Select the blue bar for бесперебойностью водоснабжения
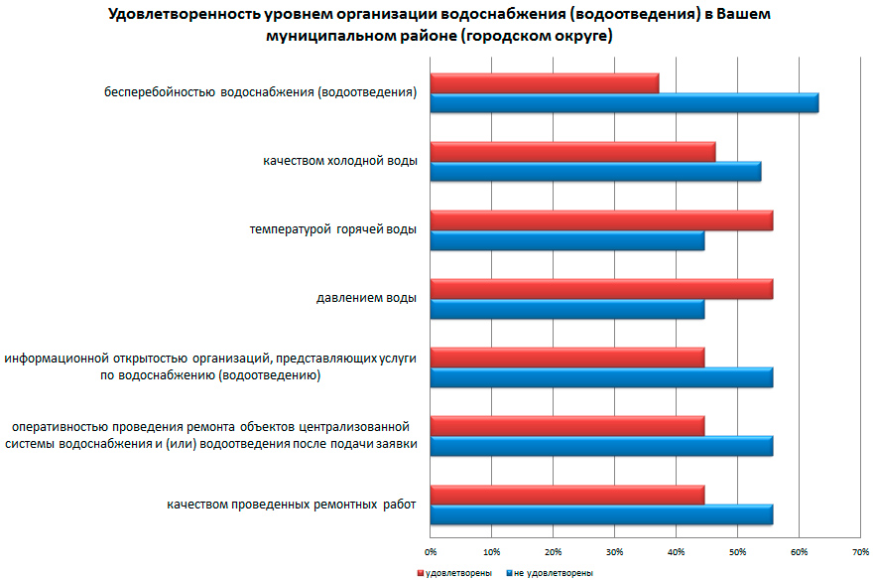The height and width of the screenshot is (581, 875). pyautogui.click(x=624, y=102)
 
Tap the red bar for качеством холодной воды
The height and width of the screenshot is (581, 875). pyautogui.click(x=572, y=152)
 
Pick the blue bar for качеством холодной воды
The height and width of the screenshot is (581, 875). pyautogui.click(x=595, y=171)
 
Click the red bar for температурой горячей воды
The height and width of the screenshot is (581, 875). pyautogui.click(x=601, y=220)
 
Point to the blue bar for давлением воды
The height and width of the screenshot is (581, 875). pyautogui.click(x=566, y=309)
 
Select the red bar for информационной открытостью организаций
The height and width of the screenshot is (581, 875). pyautogui.click(x=566, y=358)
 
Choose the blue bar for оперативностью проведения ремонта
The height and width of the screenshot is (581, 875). pyautogui.click(x=601, y=445)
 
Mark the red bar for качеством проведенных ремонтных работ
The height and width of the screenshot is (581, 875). pyautogui.click(x=566, y=495)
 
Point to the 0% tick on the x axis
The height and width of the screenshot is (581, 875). pyautogui.click(x=431, y=549)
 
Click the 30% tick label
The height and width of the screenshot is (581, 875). pyautogui.click(x=614, y=549)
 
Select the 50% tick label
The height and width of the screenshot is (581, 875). pyautogui.click(x=737, y=549)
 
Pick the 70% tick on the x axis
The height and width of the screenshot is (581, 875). pyautogui.click(x=859, y=549)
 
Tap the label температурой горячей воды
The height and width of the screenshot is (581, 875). pyautogui.click(x=332, y=229)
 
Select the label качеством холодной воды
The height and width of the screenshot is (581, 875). pyautogui.click(x=339, y=161)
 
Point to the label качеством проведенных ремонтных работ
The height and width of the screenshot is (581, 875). pyautogui.click(x=291, y=505)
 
